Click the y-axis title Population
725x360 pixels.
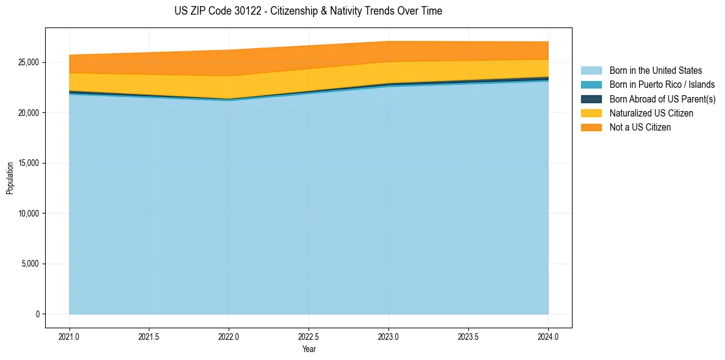pos(10,178)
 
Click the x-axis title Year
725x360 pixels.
pos(309,349)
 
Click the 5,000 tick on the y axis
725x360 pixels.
pos(29,264)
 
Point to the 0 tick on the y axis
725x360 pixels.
pos(37,314)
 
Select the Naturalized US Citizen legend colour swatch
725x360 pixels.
pos(591,113)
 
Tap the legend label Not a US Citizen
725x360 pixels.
pos(640,128)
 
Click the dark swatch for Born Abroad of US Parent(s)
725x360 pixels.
pos(591,99)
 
